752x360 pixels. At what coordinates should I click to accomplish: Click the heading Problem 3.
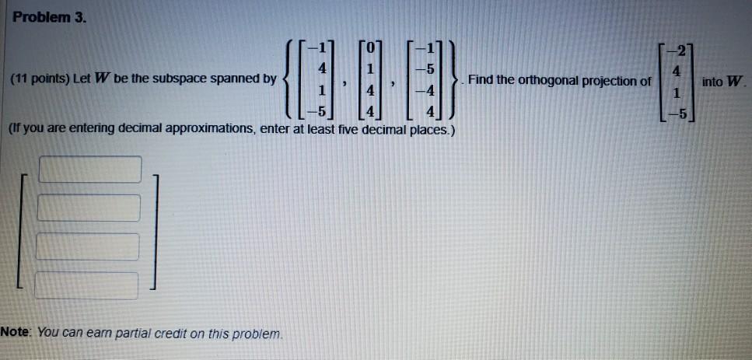point(50,18)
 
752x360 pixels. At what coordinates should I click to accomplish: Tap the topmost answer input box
point(90,170)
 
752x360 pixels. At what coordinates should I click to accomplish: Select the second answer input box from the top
point(89,208)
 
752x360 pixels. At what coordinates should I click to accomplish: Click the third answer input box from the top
point(88,246)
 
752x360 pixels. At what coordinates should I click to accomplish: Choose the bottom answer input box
point(87,285)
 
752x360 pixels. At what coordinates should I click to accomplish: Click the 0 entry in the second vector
point(369,48)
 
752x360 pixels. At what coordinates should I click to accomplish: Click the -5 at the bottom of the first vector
point(317,113)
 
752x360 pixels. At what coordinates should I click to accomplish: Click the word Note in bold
point(15,332)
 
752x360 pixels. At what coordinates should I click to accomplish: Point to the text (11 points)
point(40,79)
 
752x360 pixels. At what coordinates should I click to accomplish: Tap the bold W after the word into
point(734,82)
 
